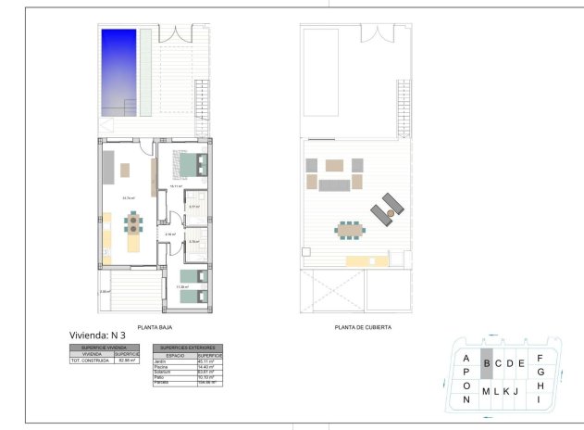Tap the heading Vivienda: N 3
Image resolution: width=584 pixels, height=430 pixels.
click(x=97, y=335)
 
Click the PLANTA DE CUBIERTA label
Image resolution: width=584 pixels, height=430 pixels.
click(x=363, y=326)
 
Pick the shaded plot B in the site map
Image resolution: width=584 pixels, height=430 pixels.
click(x=486, y=363)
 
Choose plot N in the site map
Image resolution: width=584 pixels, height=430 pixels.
click(x=467, y=399)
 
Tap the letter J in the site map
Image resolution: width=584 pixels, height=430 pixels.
click(x=515, y=391)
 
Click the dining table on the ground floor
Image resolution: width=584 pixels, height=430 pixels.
click(x=135, y=222)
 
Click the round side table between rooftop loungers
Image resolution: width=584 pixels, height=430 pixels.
click(x=391, y=213)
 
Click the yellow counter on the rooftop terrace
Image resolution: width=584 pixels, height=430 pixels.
click(x=354, y=261)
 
